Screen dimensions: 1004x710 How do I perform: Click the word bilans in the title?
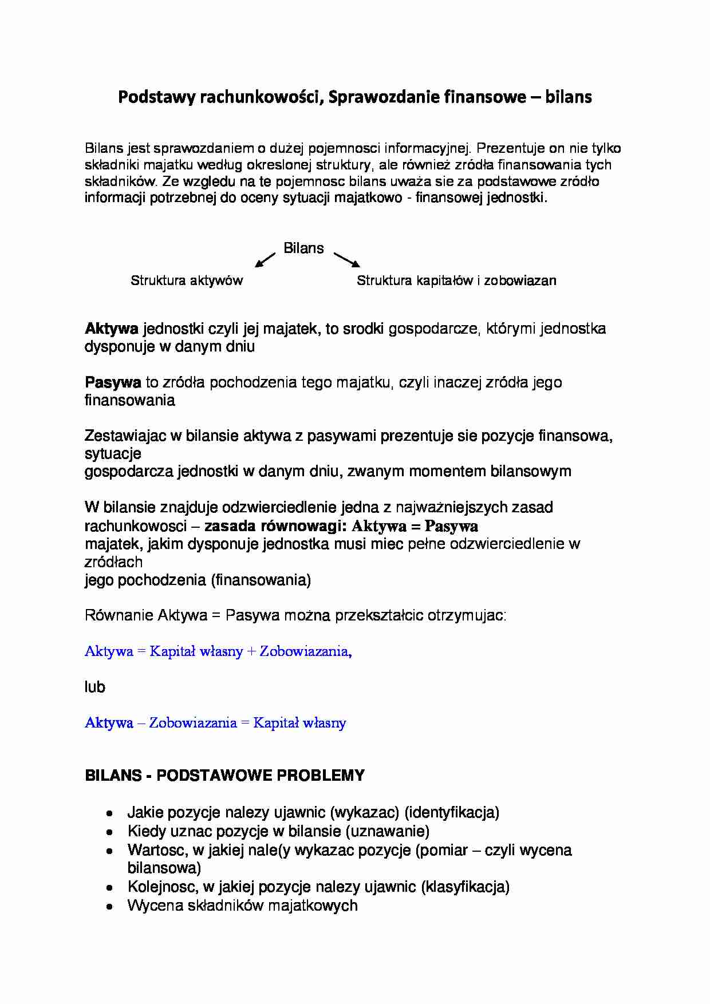pyautogui.click(x=568, y=97)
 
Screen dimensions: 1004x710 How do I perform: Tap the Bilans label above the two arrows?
pyautogui.click(x=303, y=248)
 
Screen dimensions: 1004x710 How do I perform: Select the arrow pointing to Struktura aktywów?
pyautogui.click(x=265, y=260)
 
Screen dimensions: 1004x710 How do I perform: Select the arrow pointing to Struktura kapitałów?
pyautogui.click(x=347, y=260)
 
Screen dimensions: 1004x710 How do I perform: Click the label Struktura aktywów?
pyautogui.click(x=187, y=280)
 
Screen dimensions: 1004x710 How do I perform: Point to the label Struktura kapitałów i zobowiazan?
pyautogui.click(x=456, y=280)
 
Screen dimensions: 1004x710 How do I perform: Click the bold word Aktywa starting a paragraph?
pyautogui.click(x=112, y=329)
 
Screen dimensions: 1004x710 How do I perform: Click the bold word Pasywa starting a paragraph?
pyautogui.click(x=113, y=382)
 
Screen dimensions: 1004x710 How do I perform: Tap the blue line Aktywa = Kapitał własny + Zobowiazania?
pyautogui.click(x=218, y=651)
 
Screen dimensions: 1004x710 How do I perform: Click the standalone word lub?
pyautogui.click(x=95, y=687)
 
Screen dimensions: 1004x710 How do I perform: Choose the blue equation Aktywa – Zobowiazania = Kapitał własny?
pyautogui.click(x=215, y=723)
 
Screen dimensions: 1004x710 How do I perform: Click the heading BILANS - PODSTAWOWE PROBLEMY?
pyautogui.click(x=224, y=776)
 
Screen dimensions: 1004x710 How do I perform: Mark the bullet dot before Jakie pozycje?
pyautogui.click(x=109, y=813)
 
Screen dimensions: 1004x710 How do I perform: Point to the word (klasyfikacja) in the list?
pyautogui.click(x=465, y=887)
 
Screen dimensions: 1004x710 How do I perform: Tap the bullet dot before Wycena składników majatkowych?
pyautogui.click(x=109, y=906)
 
